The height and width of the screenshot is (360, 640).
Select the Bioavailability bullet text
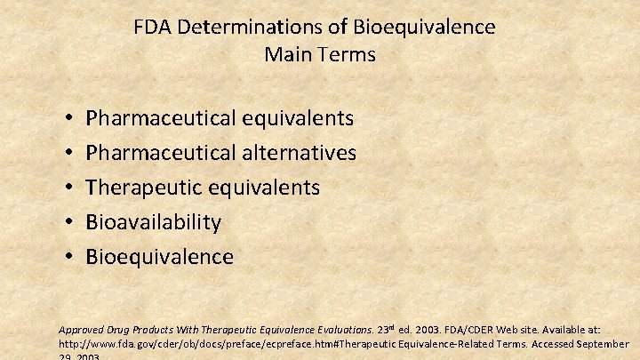click(153, 222)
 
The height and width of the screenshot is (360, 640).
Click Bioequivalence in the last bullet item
click(159, 257)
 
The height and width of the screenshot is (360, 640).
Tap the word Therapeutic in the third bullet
click(141, 188)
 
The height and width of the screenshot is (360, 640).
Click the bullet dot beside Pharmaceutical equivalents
click(68, 118)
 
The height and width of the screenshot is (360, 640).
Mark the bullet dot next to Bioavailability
click(68, 222)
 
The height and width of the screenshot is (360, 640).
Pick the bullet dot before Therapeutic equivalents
click(68, 188)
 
